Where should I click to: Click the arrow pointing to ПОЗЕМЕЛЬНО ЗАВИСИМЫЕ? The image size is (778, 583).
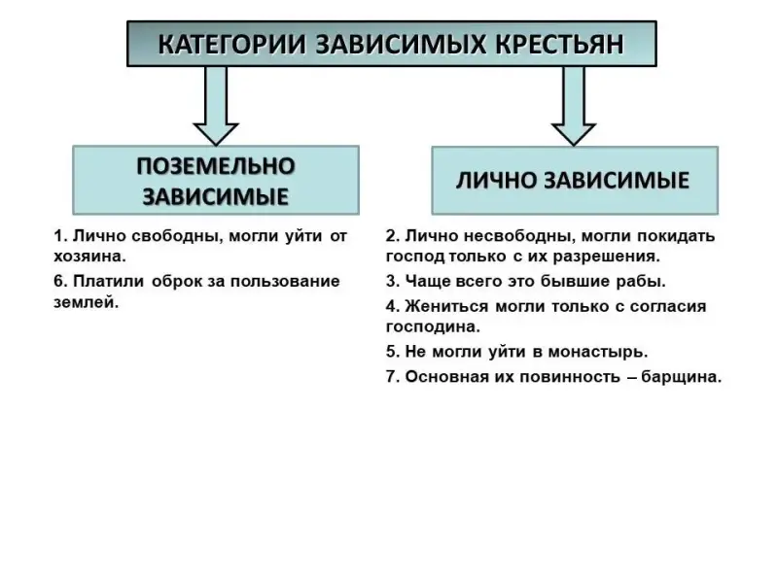point(216,105)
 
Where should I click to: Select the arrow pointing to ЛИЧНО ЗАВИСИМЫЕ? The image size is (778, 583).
point(574,105)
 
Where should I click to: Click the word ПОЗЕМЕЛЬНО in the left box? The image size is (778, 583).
point(216,165)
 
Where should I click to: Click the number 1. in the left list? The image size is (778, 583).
point(60,236)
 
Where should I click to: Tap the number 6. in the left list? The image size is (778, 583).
point(60,281)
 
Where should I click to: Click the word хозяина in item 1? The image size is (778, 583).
point(88,257)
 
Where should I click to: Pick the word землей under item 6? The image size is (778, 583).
point(85,302)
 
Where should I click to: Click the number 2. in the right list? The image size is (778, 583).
point(392,236)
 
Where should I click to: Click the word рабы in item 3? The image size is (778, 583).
point(644,281)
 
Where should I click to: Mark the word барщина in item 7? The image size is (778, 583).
point(682,377)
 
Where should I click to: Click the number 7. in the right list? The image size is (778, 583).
point(392,377)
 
